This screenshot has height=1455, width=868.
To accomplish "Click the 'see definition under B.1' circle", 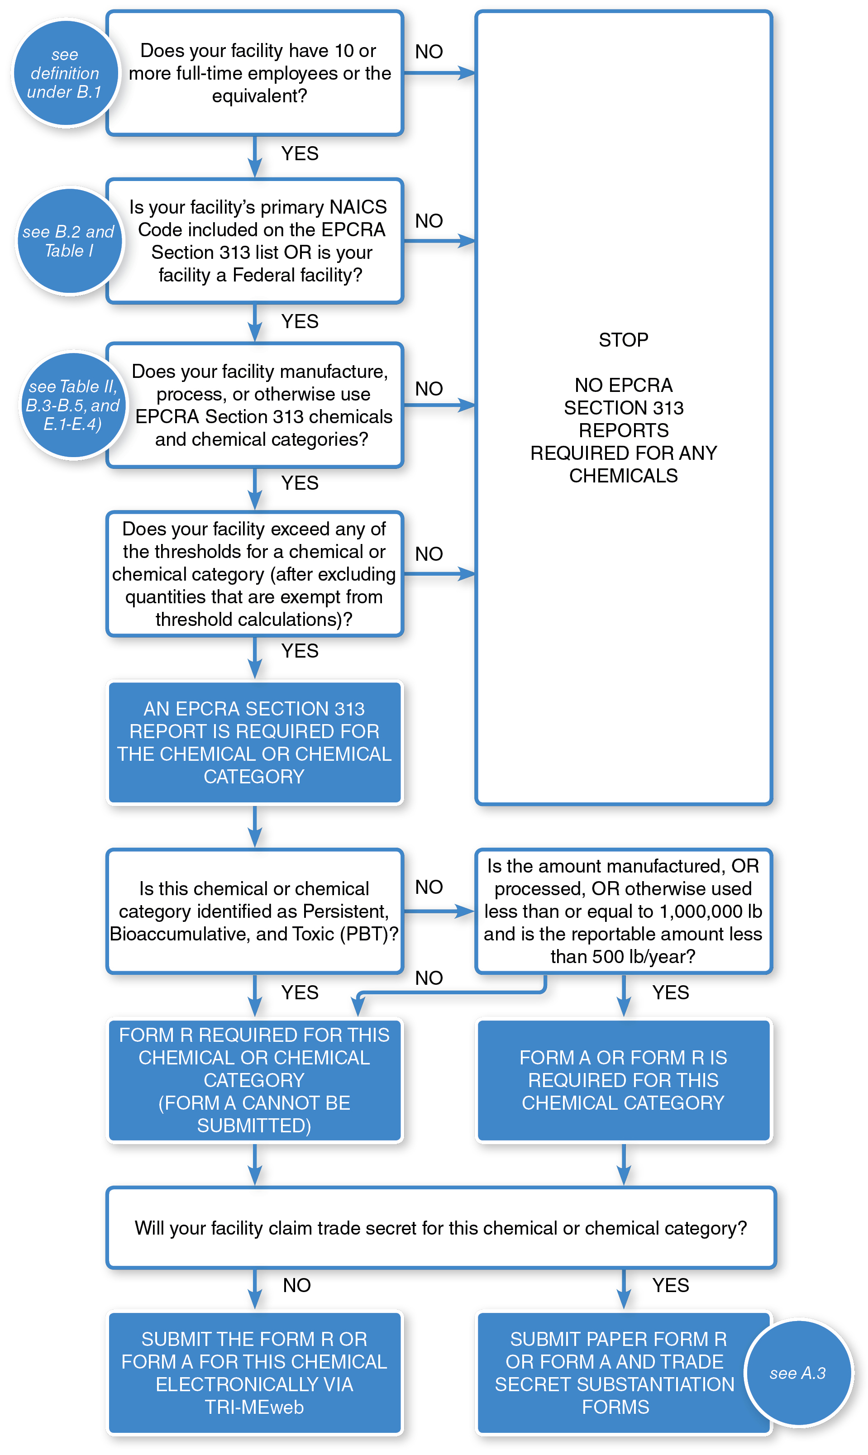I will tap(65, 73).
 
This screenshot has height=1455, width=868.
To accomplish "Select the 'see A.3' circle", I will tap(798, 1373).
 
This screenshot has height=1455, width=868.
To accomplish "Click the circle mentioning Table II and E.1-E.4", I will tap(73, 405).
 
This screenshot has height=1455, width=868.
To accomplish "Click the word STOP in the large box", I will tap(624, 340).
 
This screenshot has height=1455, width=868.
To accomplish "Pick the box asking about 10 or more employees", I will tap(255, 73).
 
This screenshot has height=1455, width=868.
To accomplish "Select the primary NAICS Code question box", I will tap(255, 241).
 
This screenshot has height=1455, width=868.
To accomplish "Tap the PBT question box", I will tap(255, 911).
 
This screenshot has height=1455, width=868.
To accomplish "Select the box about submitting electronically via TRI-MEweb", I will tap(255, 1373).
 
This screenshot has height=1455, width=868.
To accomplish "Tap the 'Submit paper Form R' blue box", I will tap(614, 1373).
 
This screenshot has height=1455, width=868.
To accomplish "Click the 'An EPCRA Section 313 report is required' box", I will tap(255, 742).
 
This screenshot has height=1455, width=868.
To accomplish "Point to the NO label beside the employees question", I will tap(429, 52).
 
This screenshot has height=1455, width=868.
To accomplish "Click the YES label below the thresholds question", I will tap(300, 651).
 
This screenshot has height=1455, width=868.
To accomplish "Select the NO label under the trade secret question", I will tap(296, 1285).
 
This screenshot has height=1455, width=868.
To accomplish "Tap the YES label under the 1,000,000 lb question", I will tap(670, 992).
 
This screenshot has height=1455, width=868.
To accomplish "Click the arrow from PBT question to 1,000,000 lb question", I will tap(439, 911).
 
